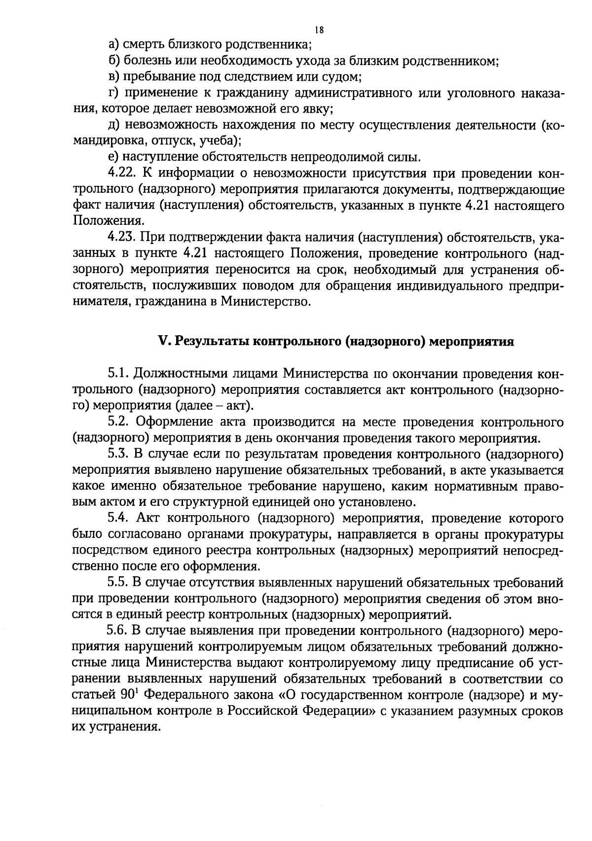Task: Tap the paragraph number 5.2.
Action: (119, 422)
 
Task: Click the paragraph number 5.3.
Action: (119, 454)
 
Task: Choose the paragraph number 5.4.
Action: (119, 518)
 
